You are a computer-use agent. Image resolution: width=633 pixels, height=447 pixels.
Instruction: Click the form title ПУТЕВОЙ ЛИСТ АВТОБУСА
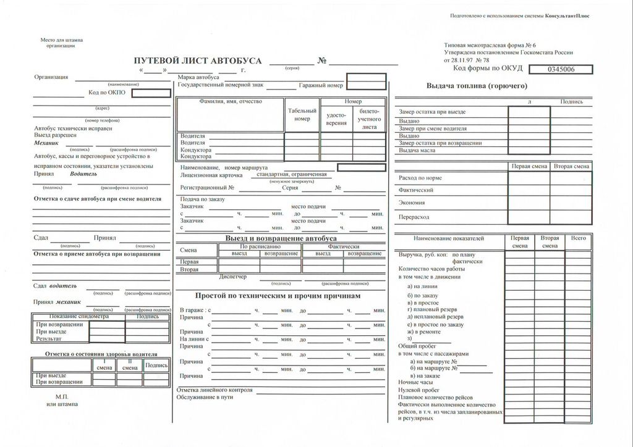click(198, 61)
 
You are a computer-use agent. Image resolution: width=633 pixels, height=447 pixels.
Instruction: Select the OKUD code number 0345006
click(560, 69)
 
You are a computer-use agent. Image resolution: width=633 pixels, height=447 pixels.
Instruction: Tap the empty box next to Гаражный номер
click(366, 85)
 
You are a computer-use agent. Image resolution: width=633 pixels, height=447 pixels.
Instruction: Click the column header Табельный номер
click(302, 114)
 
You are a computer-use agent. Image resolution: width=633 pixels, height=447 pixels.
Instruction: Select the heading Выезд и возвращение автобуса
click(281, 238)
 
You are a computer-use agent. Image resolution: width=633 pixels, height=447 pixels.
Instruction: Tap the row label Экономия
click(412, 203)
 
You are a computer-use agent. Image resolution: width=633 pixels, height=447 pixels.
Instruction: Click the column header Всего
click(579, 238)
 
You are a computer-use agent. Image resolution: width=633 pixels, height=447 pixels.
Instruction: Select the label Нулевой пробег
click(418, 390)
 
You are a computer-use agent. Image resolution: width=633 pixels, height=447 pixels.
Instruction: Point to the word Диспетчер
click(232, 277)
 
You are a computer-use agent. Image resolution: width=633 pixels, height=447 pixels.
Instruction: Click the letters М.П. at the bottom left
click(62, 396)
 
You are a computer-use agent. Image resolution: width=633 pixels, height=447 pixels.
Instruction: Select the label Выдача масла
click(418, 150)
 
